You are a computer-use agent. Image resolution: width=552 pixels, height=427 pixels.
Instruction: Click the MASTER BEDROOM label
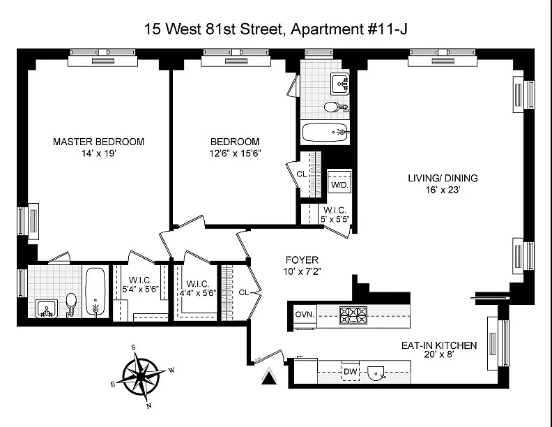pos(98,142)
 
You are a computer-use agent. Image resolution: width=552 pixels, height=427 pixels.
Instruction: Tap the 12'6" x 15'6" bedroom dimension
pos(235,153)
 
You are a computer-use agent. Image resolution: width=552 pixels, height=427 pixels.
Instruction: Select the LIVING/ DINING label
pos(443,178)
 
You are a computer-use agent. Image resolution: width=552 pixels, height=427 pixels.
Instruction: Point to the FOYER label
pos(302,260)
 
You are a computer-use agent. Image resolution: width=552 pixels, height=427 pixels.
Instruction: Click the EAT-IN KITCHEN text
pos(439,345)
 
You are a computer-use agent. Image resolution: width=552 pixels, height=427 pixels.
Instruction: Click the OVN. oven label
pos(305,314)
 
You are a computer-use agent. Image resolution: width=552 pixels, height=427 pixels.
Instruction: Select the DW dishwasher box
pos(351,371)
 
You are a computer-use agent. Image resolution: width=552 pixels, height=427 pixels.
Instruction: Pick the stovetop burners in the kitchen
pos(353,315)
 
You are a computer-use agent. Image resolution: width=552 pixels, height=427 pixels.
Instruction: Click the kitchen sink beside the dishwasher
pos(376,373)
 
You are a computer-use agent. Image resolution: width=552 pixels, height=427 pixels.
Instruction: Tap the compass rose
pos(141,376)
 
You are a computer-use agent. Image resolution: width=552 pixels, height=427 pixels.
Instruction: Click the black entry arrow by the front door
pos(269,376)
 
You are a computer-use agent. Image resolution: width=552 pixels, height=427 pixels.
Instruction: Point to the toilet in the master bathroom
pos(71,303)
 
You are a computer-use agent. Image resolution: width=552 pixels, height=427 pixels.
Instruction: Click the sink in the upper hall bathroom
pos(339,84)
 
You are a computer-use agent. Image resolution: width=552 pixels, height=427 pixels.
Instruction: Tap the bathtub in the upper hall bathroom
pos(325,132)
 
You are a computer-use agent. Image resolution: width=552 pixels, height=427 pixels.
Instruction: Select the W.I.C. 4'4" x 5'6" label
pos(198,288)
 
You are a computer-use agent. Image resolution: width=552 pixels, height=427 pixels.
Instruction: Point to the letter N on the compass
pos(149,405)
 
